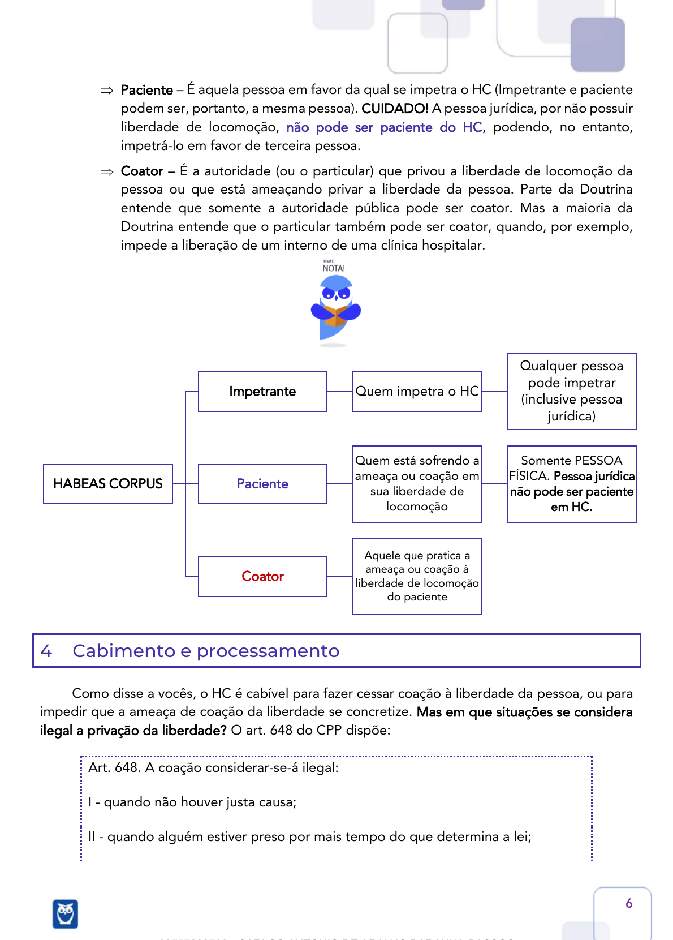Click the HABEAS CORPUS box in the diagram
[108, 484]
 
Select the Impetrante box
[262, 392]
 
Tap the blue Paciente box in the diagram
[262, 484]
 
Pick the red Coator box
[262, 576]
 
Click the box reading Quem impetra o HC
[417, 392]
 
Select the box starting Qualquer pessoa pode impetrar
[571, 391]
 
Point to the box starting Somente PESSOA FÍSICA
[571, 484]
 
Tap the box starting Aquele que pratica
[417, 576]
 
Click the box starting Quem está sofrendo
[417, 484]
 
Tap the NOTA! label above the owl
[334, 267]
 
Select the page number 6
[629, 903]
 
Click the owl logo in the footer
[66, 913]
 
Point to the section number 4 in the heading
[46, 651]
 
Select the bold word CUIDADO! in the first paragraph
[395, 108]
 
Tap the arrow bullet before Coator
[107, 172]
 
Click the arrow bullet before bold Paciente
[107, 91]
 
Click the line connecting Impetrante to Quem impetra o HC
[340, 392]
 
